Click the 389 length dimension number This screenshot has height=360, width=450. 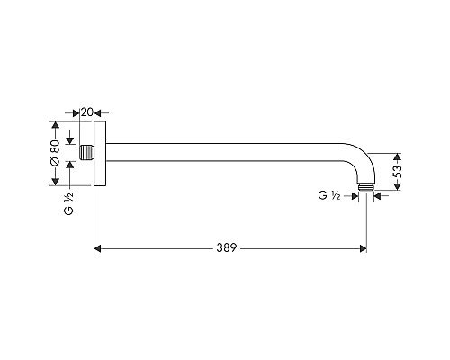pyautogui.click(x=227, y=248)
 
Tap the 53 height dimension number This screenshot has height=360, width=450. pyautogui.click(x=397, y=171)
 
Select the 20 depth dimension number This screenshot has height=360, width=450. pyautogui.click(x=86, y=112)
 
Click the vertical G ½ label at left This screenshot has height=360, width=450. pyautogui.click(x=68, y=203)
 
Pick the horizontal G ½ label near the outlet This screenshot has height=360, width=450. pyautogui.click(x=329, y=195)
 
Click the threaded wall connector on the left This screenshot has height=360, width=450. pyautogui.click(x=86, y=152)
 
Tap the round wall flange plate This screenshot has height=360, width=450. pyautogui.click(x=100, y=153)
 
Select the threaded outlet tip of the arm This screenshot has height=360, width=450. pyautogui.click(x=366, y=186)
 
